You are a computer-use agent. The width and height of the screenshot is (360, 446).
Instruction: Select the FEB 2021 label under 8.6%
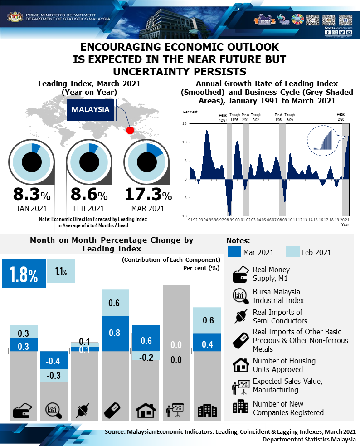coord(88,209)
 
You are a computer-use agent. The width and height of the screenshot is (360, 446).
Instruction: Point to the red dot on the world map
coord(130,131)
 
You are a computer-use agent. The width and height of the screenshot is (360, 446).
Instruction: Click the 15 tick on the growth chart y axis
coord(185,123)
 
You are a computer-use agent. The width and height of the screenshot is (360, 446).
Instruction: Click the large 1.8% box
coord(24,274)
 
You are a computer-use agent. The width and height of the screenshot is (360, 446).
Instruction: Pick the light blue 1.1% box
coord(61,271)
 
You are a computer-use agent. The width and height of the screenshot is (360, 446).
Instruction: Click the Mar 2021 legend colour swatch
coord(234,252)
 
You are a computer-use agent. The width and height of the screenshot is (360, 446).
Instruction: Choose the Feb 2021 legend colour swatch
coord(292,252)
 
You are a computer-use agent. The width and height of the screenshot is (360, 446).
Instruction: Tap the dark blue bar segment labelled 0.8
coord(114,333)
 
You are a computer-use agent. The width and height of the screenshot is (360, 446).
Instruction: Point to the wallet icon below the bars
coord(22,411)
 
